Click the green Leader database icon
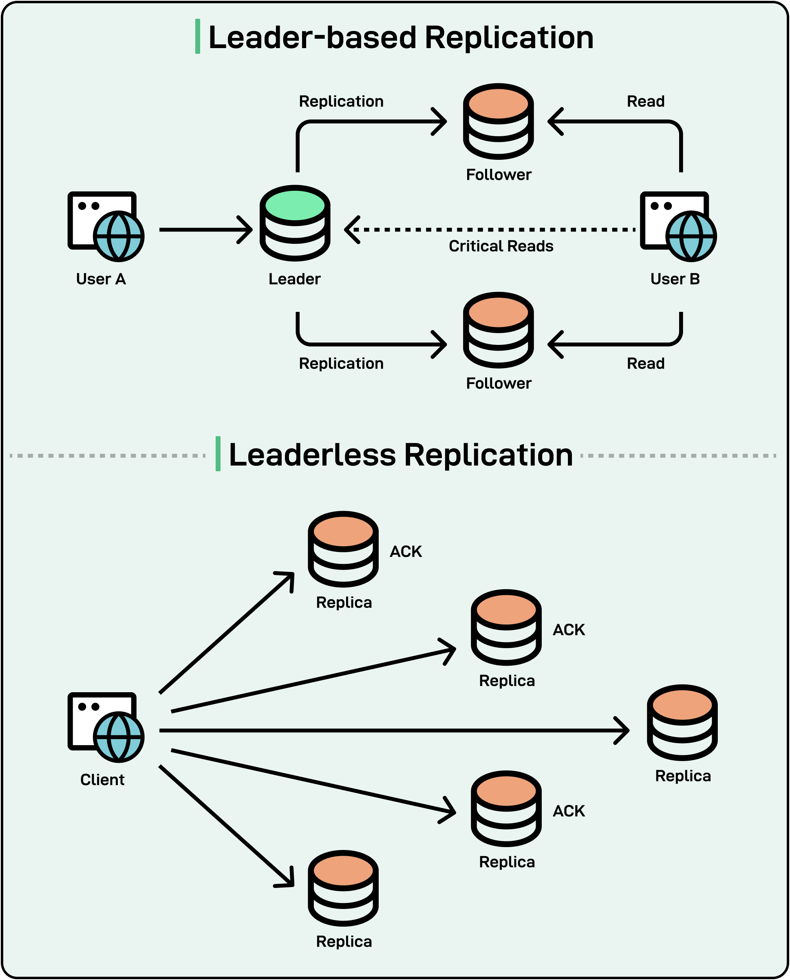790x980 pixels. (295, 223)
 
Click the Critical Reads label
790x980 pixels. (501, 246)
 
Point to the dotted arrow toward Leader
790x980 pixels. (492, 230)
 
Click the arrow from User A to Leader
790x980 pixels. (205, 230)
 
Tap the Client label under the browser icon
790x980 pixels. (102, 780)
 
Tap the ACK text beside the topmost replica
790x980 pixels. (406, 552)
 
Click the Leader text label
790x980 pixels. (294, 279)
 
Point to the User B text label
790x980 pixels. (675, 279)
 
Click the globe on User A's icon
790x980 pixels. (119, 236)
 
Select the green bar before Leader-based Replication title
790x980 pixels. (197, 36)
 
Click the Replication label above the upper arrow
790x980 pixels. (341, 101)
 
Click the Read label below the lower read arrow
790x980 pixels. (645, 364)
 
